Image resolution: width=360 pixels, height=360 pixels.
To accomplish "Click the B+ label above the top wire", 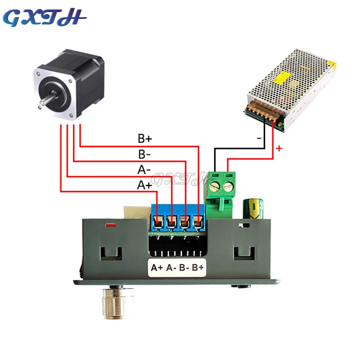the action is click(x=144, y=138).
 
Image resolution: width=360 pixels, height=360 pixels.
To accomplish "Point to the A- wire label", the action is click(x=144, y=170).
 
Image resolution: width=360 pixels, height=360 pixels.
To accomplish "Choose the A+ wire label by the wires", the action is click(x=144, y=185).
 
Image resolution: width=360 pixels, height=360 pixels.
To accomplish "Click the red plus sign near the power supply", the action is click(x=279, y=148).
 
